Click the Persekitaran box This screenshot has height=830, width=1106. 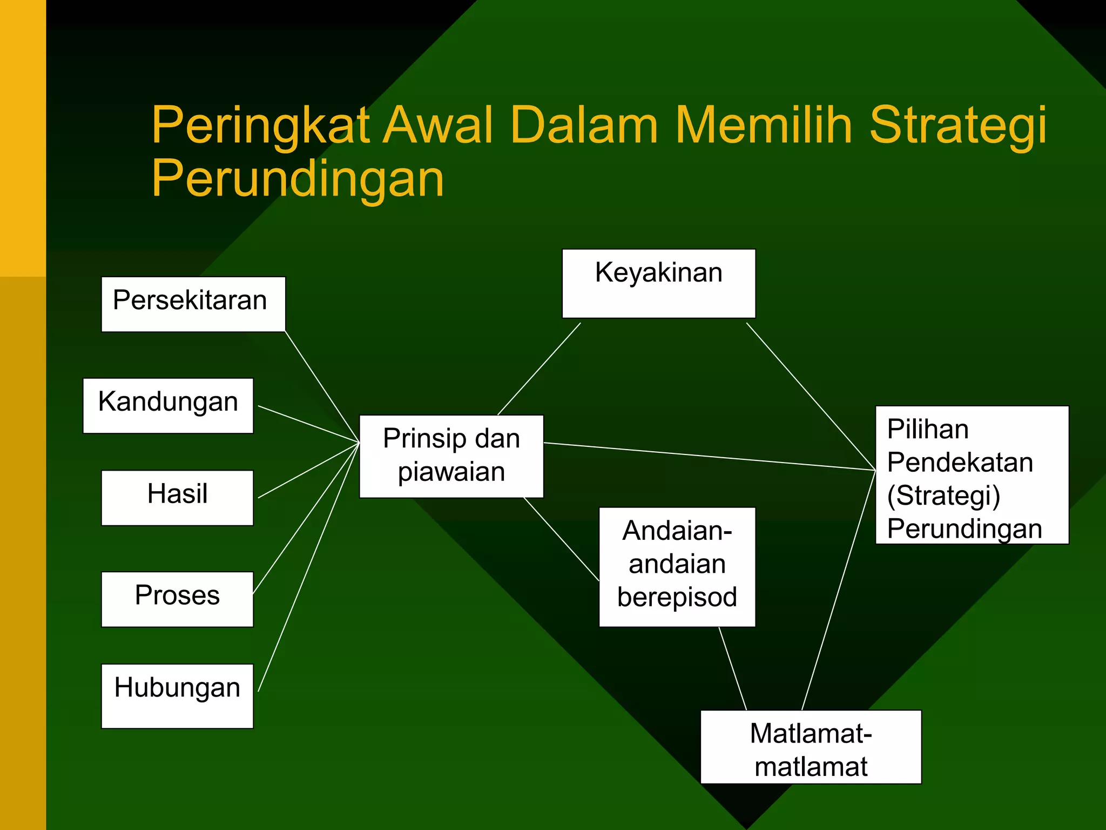[x=193, y=304]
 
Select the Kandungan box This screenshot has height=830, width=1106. [x=168, y=405]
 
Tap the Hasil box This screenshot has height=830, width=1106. [x=177, y=497]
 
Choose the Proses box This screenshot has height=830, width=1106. [x=177, y=599]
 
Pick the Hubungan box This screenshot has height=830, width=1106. [x=177, y=695]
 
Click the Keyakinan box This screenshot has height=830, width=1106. [x=658, y=283]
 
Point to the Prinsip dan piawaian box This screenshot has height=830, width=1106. [x=451, y=456]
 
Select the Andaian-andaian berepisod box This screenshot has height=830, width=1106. [x=677, y=566]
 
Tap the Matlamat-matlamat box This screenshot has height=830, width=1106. [x=810, y=746]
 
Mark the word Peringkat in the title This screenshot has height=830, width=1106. [x=260, y=125]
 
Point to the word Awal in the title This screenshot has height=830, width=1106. [x=438, y=125]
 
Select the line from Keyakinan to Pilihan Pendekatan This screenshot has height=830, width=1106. [x=810, y=396]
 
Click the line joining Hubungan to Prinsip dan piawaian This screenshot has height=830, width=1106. [x=308, y=567]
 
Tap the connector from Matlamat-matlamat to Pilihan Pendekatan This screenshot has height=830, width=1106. [x=838, y=590]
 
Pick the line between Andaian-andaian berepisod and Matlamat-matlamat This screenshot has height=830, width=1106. [x=732, y=668]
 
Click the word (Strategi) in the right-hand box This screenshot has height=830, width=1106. [x=943, y=496]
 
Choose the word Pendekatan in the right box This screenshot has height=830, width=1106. [x=960, y=463]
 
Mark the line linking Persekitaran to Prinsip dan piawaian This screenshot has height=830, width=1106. [x=322, y=386]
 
